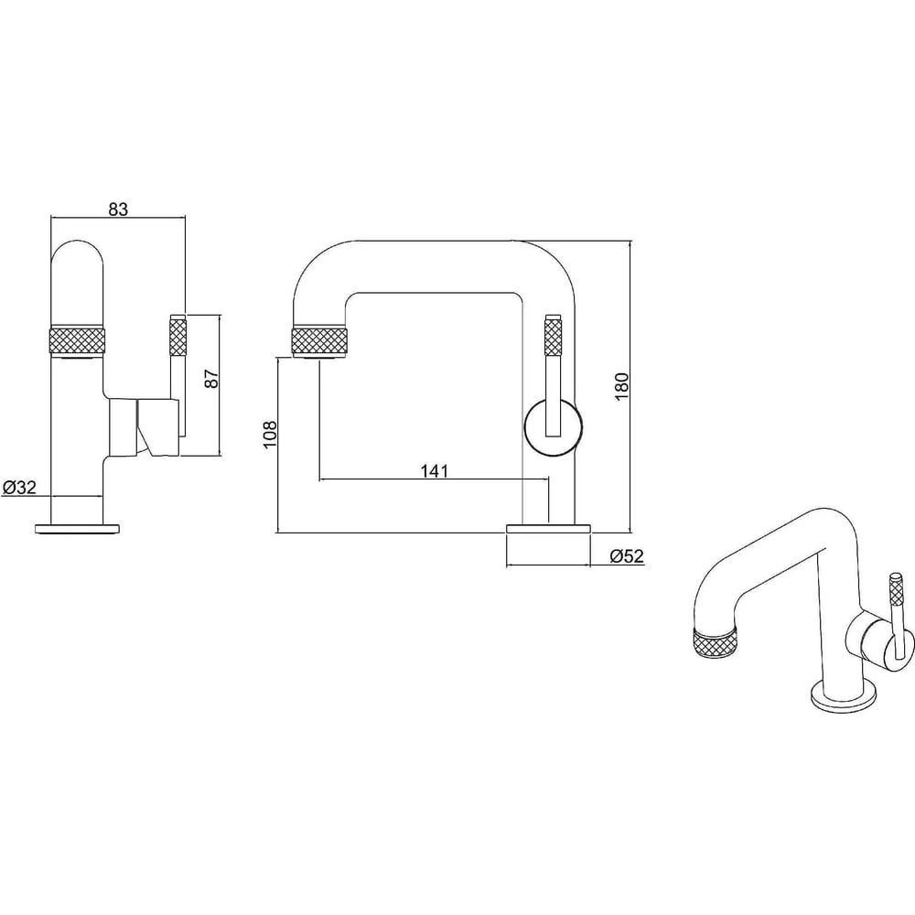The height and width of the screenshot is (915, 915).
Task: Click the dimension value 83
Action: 118,209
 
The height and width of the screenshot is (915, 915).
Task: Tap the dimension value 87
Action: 213,379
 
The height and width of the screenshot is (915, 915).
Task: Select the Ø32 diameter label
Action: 20,487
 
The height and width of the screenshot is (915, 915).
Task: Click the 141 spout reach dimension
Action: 435,470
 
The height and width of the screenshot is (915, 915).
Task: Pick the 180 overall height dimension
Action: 622,386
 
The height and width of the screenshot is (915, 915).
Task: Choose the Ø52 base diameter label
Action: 627,556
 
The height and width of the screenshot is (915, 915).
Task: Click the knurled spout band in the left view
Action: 78,340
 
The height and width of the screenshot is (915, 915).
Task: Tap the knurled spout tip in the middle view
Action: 319,340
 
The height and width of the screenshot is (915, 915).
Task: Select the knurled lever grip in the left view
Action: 178,336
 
